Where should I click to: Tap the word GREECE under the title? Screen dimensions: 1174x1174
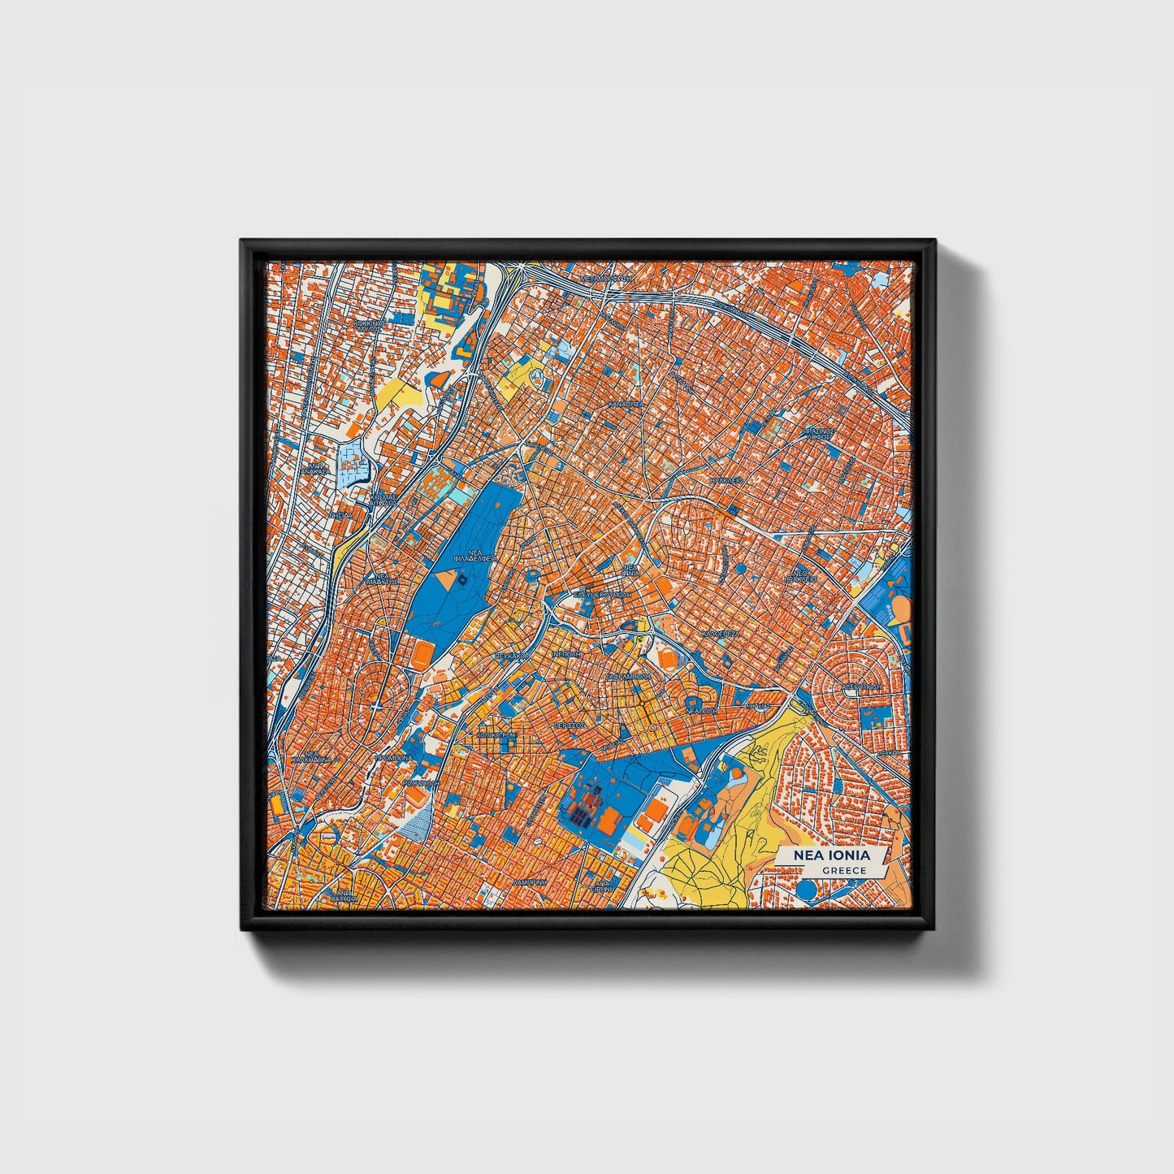tap(843, 871)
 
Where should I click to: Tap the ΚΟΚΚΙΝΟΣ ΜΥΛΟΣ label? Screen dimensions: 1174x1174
tap(370, 326)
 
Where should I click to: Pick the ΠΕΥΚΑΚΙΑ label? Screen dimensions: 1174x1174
tap(512, 654)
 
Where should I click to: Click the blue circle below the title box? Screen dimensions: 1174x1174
tap(807, 891)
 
